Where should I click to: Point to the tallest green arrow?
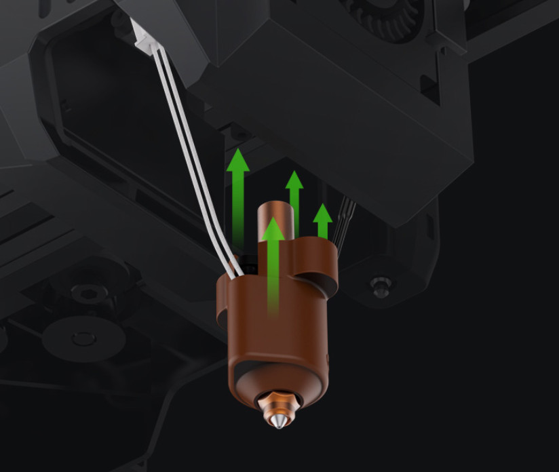[237, 197]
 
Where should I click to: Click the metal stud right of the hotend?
[381, 286]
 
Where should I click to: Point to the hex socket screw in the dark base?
[85, 294]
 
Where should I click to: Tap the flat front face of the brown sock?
[278, 326]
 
